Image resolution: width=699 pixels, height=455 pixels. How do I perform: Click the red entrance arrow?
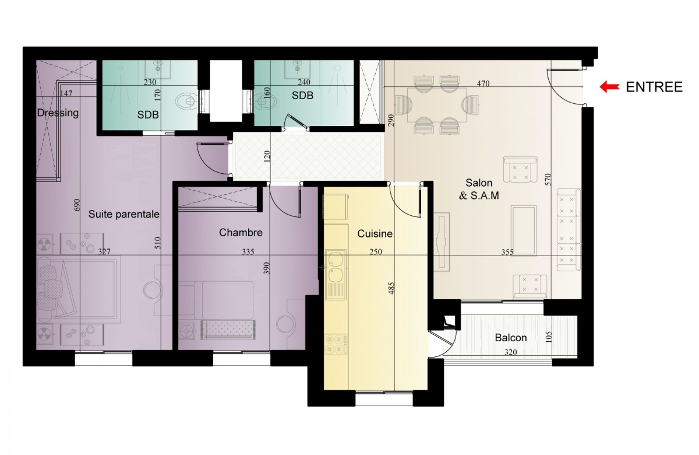609,87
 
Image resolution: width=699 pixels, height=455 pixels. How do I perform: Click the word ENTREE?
654,87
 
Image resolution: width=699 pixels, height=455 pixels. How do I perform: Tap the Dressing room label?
58,113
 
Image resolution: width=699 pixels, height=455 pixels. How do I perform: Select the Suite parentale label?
124,214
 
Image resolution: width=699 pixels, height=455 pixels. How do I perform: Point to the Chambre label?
241,233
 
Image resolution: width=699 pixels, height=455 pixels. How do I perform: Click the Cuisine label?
375,234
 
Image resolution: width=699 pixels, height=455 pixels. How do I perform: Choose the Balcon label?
511,338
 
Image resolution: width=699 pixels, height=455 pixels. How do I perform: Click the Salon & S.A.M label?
479,189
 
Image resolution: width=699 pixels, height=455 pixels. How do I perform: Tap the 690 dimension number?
77,205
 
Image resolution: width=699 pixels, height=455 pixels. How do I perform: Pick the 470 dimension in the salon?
483,83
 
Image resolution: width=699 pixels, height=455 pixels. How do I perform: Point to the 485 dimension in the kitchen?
391,288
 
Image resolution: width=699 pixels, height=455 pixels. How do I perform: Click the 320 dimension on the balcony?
510,352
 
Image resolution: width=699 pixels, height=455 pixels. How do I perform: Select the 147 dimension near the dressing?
66,93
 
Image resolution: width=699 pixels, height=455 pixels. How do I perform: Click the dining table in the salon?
437,105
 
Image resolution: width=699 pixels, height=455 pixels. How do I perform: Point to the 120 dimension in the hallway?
267,157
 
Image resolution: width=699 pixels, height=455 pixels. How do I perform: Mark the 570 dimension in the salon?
548,180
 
